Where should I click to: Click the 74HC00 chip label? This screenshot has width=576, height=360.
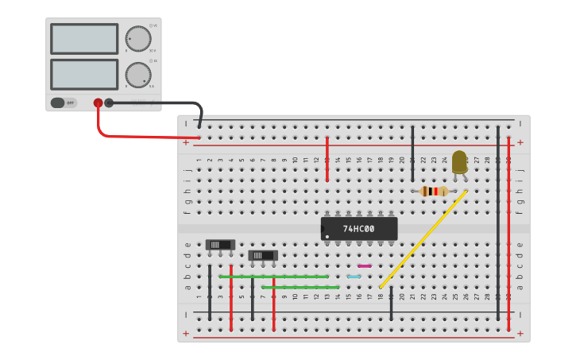pos(358,229)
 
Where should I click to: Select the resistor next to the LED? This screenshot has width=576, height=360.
pos(434,191)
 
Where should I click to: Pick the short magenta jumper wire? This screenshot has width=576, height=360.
pos(365,266)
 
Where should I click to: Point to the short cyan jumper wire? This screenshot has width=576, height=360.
pos(354,277)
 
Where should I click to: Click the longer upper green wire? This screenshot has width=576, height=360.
pos(273,277)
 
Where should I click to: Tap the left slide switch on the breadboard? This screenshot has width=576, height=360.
pos(220,245)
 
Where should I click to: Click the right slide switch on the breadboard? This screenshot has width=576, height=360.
pos(263,255)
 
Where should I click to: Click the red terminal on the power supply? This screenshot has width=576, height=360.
pos(99,103)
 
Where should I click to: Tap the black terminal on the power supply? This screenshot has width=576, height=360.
pos(109,103)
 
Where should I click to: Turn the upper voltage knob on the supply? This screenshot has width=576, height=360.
pos(137,39)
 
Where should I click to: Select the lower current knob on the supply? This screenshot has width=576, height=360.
pos(137,75)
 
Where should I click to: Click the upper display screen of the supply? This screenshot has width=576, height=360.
pos(84,39)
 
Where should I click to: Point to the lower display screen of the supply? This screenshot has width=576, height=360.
pos(84,75)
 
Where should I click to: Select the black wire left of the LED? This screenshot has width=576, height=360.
pos(412,153)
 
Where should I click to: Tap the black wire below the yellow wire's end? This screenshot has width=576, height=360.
pos(391,304)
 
